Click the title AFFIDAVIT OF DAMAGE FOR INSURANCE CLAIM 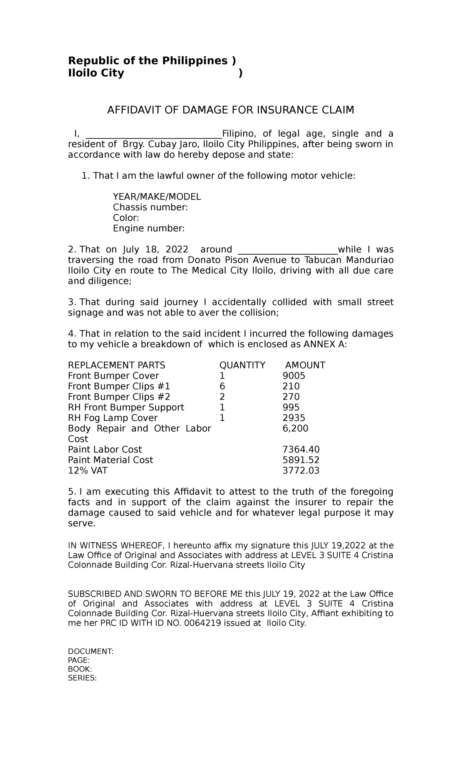pyautogui.click(x=230, y=111)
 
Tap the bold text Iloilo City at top pyautogui.click(x=96, y=73)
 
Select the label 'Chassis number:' pyautogui.click(x=150, y=208)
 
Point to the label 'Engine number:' pyautogui.click(x=149, y=229)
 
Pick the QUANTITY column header pyautogui.click(x=242, y=365)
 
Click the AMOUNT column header pyautogui.click(x=305, y=365)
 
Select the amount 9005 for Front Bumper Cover pyautogui.click(x=294, y=376)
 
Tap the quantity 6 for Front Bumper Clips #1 pyautogui.click(x=222, y=386)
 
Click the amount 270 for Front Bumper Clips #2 pyautogui.click(x=291, y=397)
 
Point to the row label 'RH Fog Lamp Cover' pyautogui.click(x=112, y=418)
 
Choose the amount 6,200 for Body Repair pyautogui.click(x=295, y=429)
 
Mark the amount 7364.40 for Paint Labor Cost pyautogui.click(x=301, y=449)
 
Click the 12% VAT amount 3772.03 pyautogui.click(x=301, y=471)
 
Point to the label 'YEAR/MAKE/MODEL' pyautogui.click(x=157, y=197)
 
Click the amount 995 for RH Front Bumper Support pyautogui.click(x=291, y=407)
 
